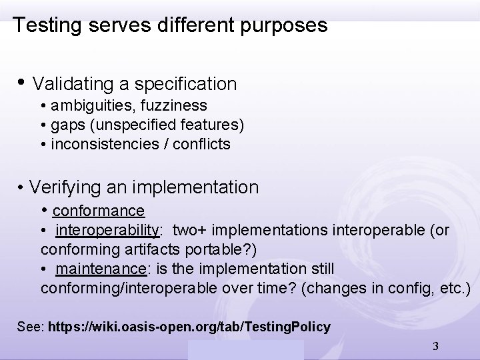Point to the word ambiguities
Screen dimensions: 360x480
tap(86, 105)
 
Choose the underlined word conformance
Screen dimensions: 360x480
tap(98, 211)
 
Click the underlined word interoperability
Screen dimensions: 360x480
tap(108, 231)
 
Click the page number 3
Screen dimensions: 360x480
tap(435, 346)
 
